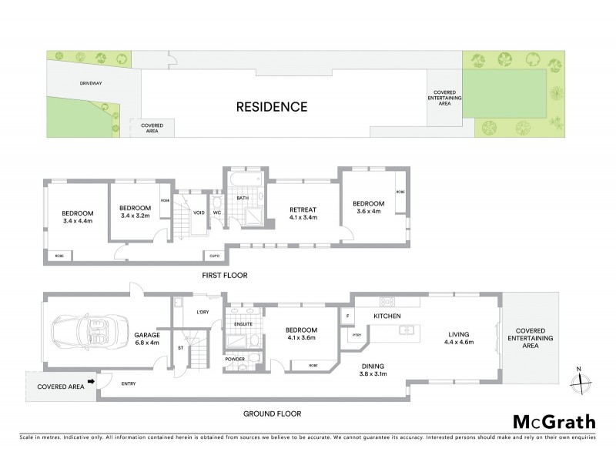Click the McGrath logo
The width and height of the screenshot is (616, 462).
click(554, 421)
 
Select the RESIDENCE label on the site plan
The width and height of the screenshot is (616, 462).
click(272, 107)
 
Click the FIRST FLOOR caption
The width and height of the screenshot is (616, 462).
click(225, 275)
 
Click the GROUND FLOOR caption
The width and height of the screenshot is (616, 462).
click(273, 413)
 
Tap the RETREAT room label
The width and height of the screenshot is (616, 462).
click(303, 209)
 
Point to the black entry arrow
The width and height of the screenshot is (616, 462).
click(91, 380)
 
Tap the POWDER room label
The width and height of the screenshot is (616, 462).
click(236, 359)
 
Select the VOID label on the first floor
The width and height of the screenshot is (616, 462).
click(199, 213)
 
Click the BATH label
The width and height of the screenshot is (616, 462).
click(243, 198)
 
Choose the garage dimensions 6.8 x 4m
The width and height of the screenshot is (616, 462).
click(146, 344)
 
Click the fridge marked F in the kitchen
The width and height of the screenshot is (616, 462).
click(348, 316)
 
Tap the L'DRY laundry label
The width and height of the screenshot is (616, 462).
click(203, 312)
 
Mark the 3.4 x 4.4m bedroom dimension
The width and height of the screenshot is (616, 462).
click(78, 221)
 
